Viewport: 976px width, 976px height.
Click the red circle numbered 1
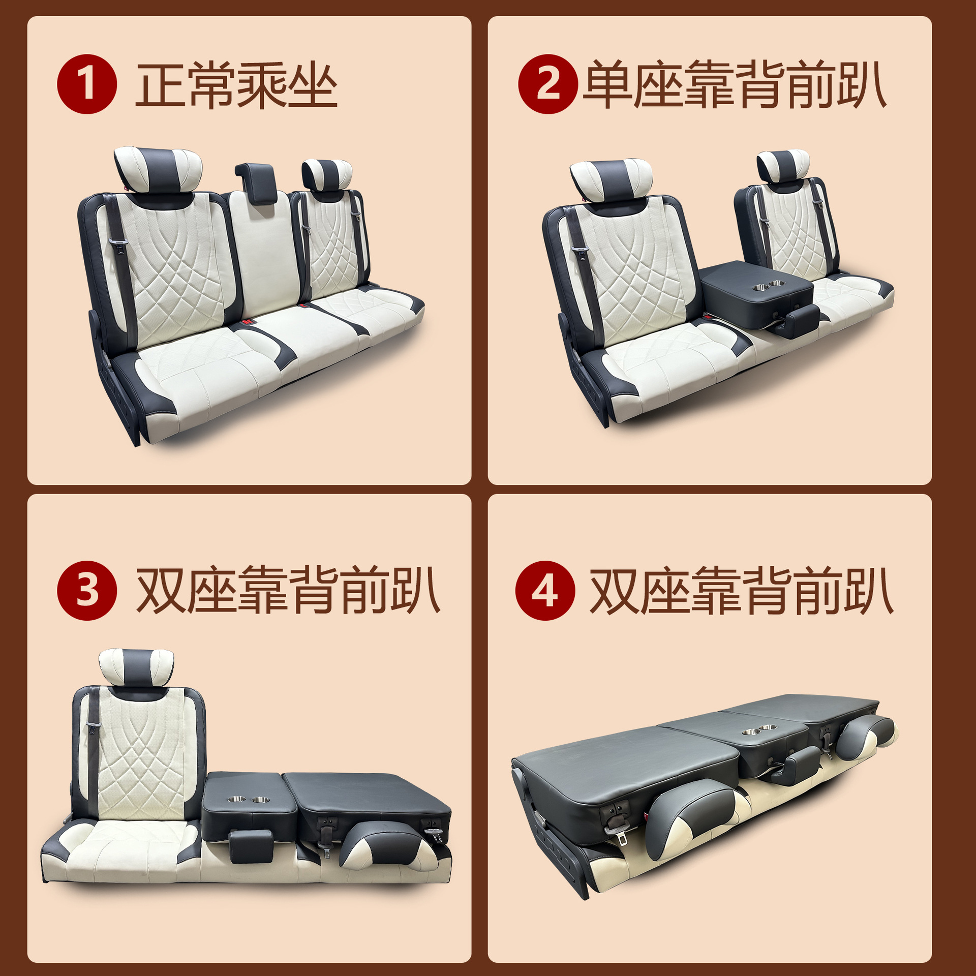[87, 84]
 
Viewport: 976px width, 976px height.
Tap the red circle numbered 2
[548, 84]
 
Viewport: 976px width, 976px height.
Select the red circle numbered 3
[87, 590]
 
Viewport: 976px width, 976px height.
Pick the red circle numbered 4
[545, 590]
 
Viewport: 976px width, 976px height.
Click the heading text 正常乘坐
[236, 85]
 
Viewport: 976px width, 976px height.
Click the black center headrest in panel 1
[256, 183]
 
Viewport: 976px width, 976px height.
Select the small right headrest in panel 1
[327, 176]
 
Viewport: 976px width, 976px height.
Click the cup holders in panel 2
[770, 285]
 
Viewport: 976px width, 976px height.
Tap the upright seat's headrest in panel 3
[136, 666]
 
